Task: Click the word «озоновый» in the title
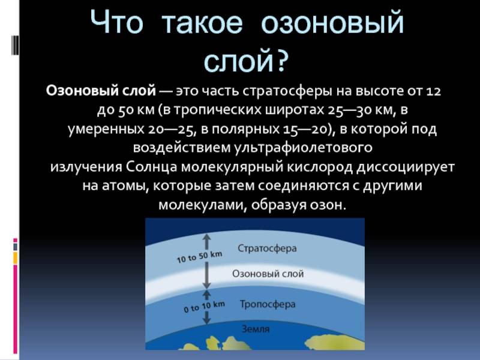pos(333,22)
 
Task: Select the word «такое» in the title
pos(202,23)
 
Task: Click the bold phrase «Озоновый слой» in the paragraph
pos(101,91)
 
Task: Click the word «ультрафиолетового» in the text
pos(303,148)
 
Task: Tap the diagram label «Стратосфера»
pos(267,248)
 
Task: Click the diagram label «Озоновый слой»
pos(268,274)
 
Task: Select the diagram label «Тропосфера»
pos(268,304)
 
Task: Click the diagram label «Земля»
pos(256,329)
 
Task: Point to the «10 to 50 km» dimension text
pos(200,257)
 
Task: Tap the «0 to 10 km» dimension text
pos(204,307)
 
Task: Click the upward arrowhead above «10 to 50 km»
pos(207,237)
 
